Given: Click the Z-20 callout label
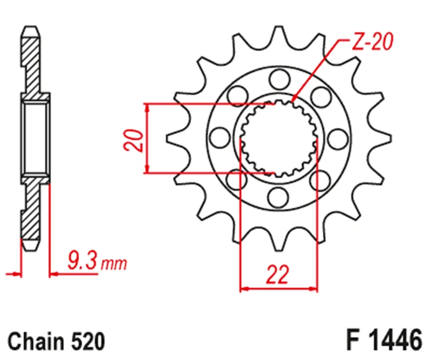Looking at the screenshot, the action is [372, 43].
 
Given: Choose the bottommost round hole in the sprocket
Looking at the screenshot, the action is [279, 195].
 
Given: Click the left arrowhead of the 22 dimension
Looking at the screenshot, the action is [244, 289].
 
